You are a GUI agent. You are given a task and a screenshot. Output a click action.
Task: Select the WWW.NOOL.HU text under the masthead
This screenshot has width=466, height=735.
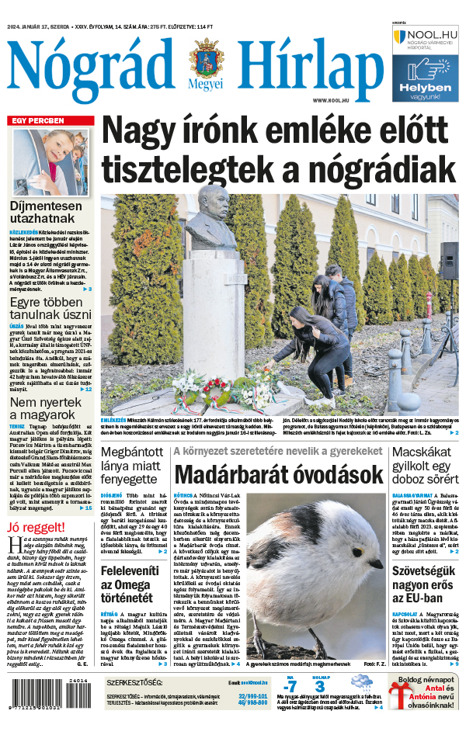(334, 101)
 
